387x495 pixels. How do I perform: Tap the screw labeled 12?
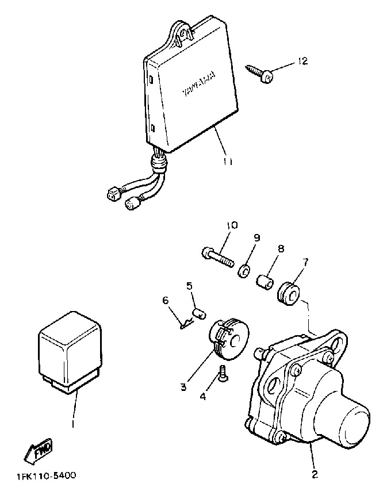[261, 73]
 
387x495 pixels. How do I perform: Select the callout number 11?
[228, 162]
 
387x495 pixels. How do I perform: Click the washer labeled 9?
[244, 268]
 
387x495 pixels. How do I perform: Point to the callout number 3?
[183, 387]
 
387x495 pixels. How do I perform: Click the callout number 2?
[315, 474]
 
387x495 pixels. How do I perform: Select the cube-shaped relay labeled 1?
[69, 351]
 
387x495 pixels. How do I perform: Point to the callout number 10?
[231, 225]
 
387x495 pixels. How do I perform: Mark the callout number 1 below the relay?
[72, 424]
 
